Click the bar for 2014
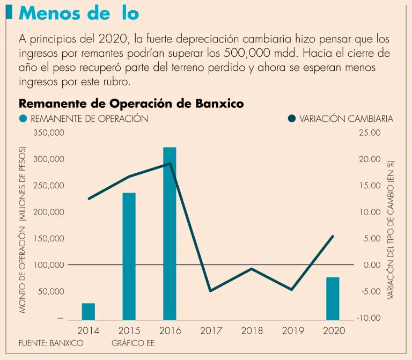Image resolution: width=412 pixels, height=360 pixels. [x=89, y=311]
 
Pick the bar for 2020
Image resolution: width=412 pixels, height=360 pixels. [x=333, y=298]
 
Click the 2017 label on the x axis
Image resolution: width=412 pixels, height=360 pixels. [x=211, y=330]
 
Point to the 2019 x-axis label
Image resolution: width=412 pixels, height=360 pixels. [x=292, y=330]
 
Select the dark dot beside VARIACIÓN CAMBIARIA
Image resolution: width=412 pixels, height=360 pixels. [x=292, y=119]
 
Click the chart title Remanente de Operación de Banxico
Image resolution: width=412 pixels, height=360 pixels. [x=131, y=103]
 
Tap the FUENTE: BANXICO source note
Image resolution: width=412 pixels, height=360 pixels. [x=51, y=343]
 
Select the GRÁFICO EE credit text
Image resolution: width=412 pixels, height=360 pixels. [x=133, y=343]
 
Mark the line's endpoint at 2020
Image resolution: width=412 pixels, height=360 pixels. [x=333, y=237]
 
